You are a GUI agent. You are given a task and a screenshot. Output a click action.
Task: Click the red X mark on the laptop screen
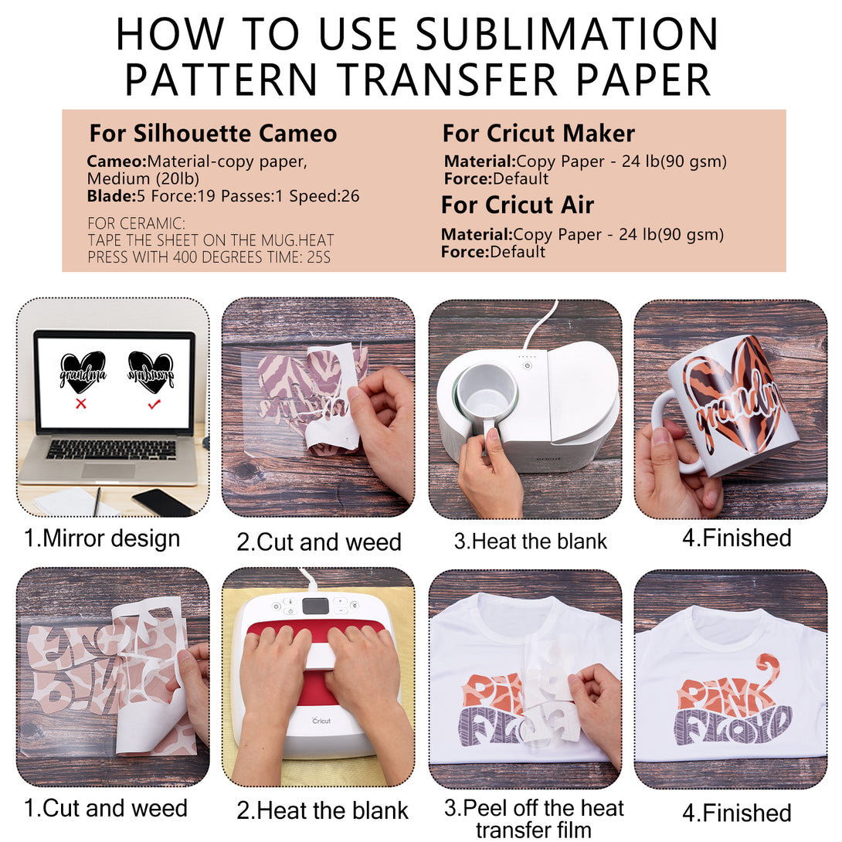(81, 403)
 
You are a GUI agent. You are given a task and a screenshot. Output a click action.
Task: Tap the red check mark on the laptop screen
(154, 404)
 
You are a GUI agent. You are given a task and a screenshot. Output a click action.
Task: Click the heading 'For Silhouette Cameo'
(213, 133)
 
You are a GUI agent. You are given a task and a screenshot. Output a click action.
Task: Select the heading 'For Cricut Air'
(517, 205)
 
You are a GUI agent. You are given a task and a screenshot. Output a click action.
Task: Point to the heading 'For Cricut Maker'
(538, 133)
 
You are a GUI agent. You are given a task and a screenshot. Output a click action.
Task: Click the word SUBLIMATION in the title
(567, 34)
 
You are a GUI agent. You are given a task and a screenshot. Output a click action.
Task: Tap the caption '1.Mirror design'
(102, 538)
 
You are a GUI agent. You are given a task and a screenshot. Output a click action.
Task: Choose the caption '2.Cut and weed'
(319, 542)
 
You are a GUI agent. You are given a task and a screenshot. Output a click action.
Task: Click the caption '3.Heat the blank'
(531, 541)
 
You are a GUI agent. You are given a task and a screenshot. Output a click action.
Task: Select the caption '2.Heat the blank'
(322, 810)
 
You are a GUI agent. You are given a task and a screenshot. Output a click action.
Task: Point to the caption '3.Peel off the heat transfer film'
(534, 818)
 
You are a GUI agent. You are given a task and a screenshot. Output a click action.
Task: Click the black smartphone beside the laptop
(162, 502)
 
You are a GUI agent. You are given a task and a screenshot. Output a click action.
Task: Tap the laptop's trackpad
(108, 471)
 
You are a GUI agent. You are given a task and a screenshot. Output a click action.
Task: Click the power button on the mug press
(528, 365)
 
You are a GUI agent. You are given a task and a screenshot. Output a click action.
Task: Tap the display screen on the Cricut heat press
(316, 606)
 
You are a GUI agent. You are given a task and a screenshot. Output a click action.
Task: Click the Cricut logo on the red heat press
(321, 721)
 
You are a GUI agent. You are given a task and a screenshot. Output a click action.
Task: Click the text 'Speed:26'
(324, 196)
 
